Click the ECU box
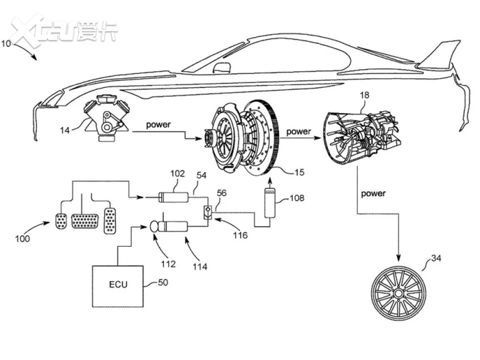coord(118,286)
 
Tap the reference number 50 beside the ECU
coord(163,283)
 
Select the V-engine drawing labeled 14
coord(107,118)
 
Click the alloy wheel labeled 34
coord(398,293)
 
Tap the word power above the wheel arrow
coord(374,193)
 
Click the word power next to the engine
coord(158,125)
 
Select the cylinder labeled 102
coord(173,197)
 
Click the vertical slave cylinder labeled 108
coord(269,203)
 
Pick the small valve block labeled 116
coord(208,212)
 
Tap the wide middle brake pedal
coord(85,221)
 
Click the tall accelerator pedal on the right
coord(110,221)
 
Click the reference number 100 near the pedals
coord(23,239)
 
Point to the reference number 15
coord(300,172)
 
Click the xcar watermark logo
coord(64,30)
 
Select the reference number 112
coord(169,264)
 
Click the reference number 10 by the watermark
coord(6,43)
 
